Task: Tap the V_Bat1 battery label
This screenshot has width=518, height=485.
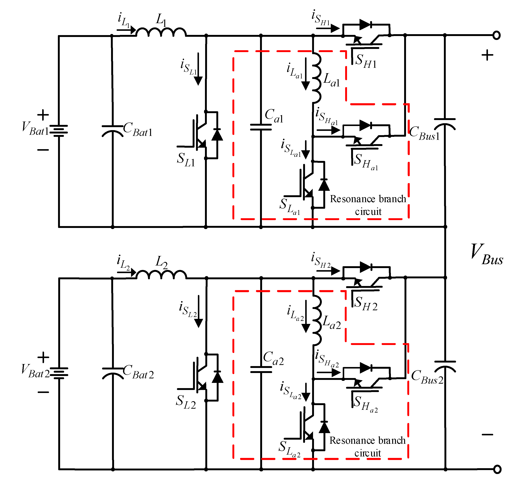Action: click(35, 128)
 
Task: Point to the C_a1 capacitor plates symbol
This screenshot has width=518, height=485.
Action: click(261, 127)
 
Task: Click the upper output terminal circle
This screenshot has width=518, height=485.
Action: click(497, 35)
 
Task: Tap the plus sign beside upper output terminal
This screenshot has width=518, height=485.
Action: click(487, 55)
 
